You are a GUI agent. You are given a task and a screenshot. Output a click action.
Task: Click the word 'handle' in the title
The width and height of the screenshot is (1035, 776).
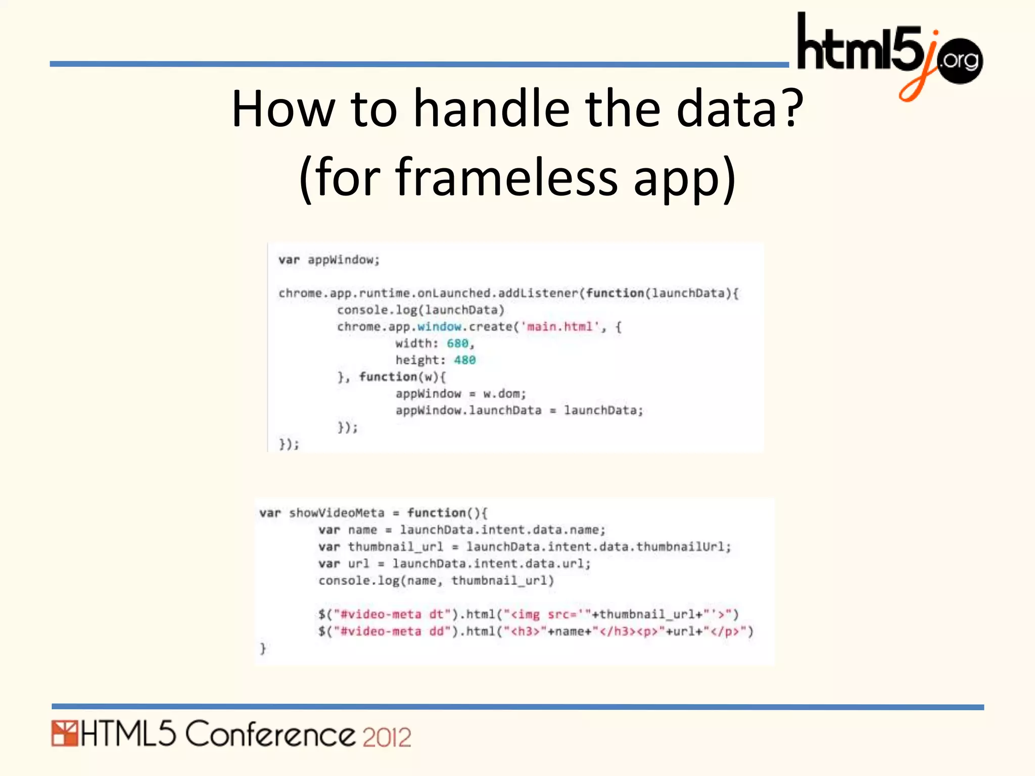point(491,109)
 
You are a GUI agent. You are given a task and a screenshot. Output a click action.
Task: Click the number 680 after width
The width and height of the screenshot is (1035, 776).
point(457,344)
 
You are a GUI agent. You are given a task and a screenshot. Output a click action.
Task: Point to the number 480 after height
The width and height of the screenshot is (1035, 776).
point(464,360)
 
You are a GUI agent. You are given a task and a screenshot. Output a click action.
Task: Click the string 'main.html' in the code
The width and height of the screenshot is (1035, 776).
point(559,327)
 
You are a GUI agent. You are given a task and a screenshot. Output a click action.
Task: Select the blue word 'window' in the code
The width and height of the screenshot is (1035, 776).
point(439,327)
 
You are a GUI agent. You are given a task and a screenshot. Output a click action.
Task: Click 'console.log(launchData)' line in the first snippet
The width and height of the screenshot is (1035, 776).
point(420,310)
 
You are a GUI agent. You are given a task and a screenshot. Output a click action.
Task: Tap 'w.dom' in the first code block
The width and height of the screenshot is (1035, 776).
point(504,394)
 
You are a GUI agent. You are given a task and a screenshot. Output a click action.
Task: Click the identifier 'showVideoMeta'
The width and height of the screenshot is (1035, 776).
point(337,513)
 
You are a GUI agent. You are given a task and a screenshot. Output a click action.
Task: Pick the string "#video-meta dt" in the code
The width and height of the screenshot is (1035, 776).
point(388,615)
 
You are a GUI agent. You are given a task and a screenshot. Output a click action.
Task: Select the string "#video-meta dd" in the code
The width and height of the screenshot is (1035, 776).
point(388,632)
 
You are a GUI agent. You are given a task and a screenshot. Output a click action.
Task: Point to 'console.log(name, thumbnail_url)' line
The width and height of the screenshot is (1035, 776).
point(436,581)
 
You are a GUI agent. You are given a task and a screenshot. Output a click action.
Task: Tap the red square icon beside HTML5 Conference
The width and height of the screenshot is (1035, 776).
point(64,734)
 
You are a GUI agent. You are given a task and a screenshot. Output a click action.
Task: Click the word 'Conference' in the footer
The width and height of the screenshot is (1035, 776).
point(270,735)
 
